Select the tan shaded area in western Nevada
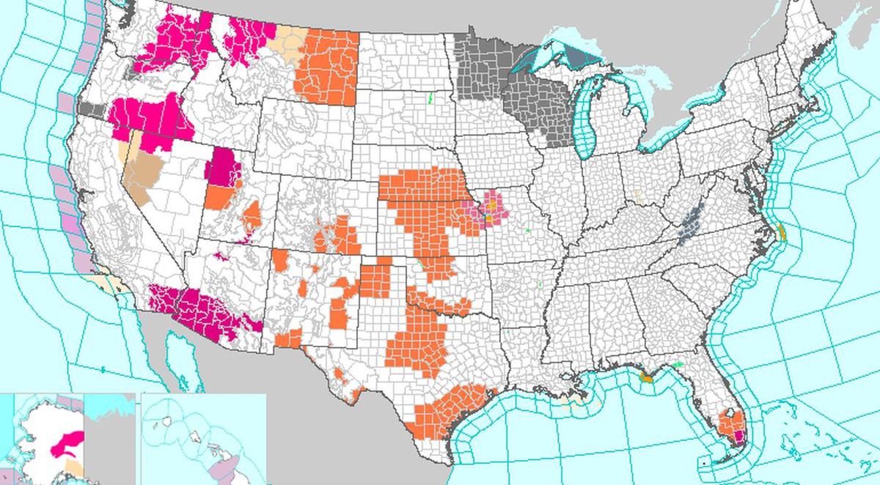tap(143, 172)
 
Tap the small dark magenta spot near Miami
tap(739, 437)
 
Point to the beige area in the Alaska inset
tap(73, 467)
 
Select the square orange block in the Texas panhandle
tap(375, 281)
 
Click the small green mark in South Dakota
tap(431, 97)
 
